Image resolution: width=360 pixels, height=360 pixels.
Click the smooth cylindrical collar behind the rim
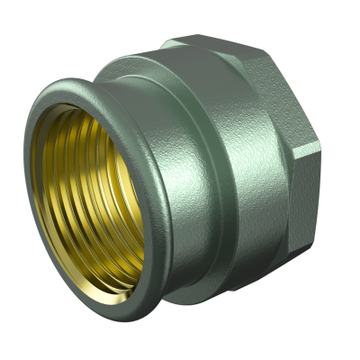pos(180,108)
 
